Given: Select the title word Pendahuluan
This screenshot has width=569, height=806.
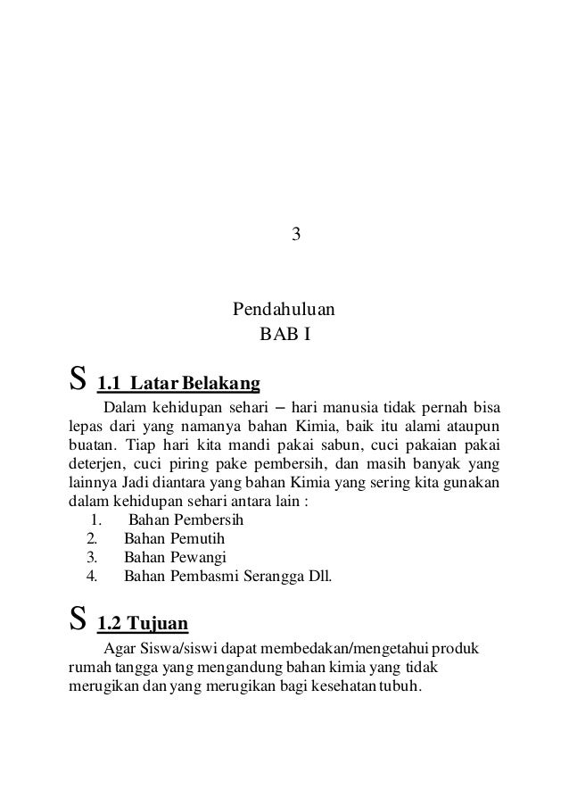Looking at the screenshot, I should (x=284, y=312).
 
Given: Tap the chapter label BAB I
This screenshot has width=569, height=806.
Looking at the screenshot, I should (x=284, y=337).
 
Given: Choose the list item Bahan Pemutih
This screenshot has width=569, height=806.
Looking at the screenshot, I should (x=174, y=539).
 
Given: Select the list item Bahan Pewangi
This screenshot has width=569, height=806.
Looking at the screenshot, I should (x=175, y=558).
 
